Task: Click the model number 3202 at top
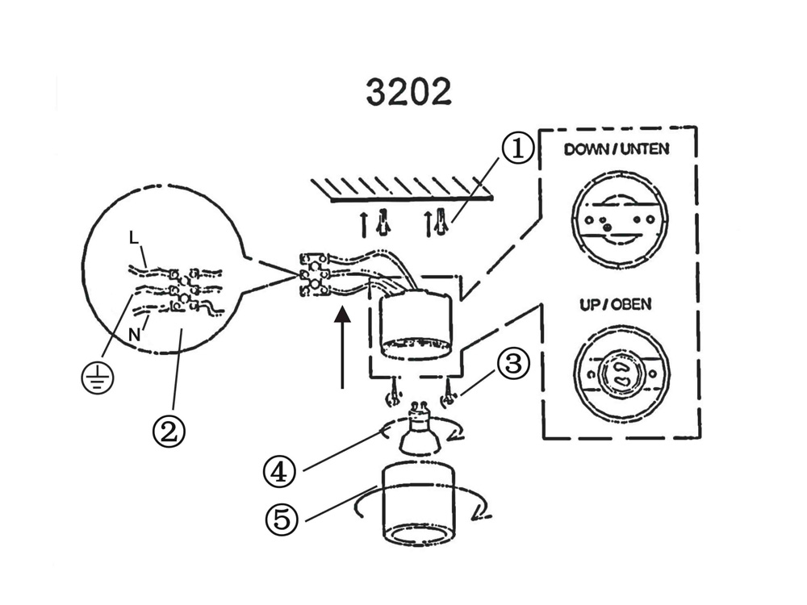pos(408,92)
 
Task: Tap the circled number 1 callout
pos(517,149)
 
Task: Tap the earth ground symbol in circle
pos(97,377)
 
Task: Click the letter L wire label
pos(133,238)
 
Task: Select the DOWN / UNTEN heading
pos(617,149)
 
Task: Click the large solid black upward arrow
pos(343,347)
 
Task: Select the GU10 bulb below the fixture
pos(420,429)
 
